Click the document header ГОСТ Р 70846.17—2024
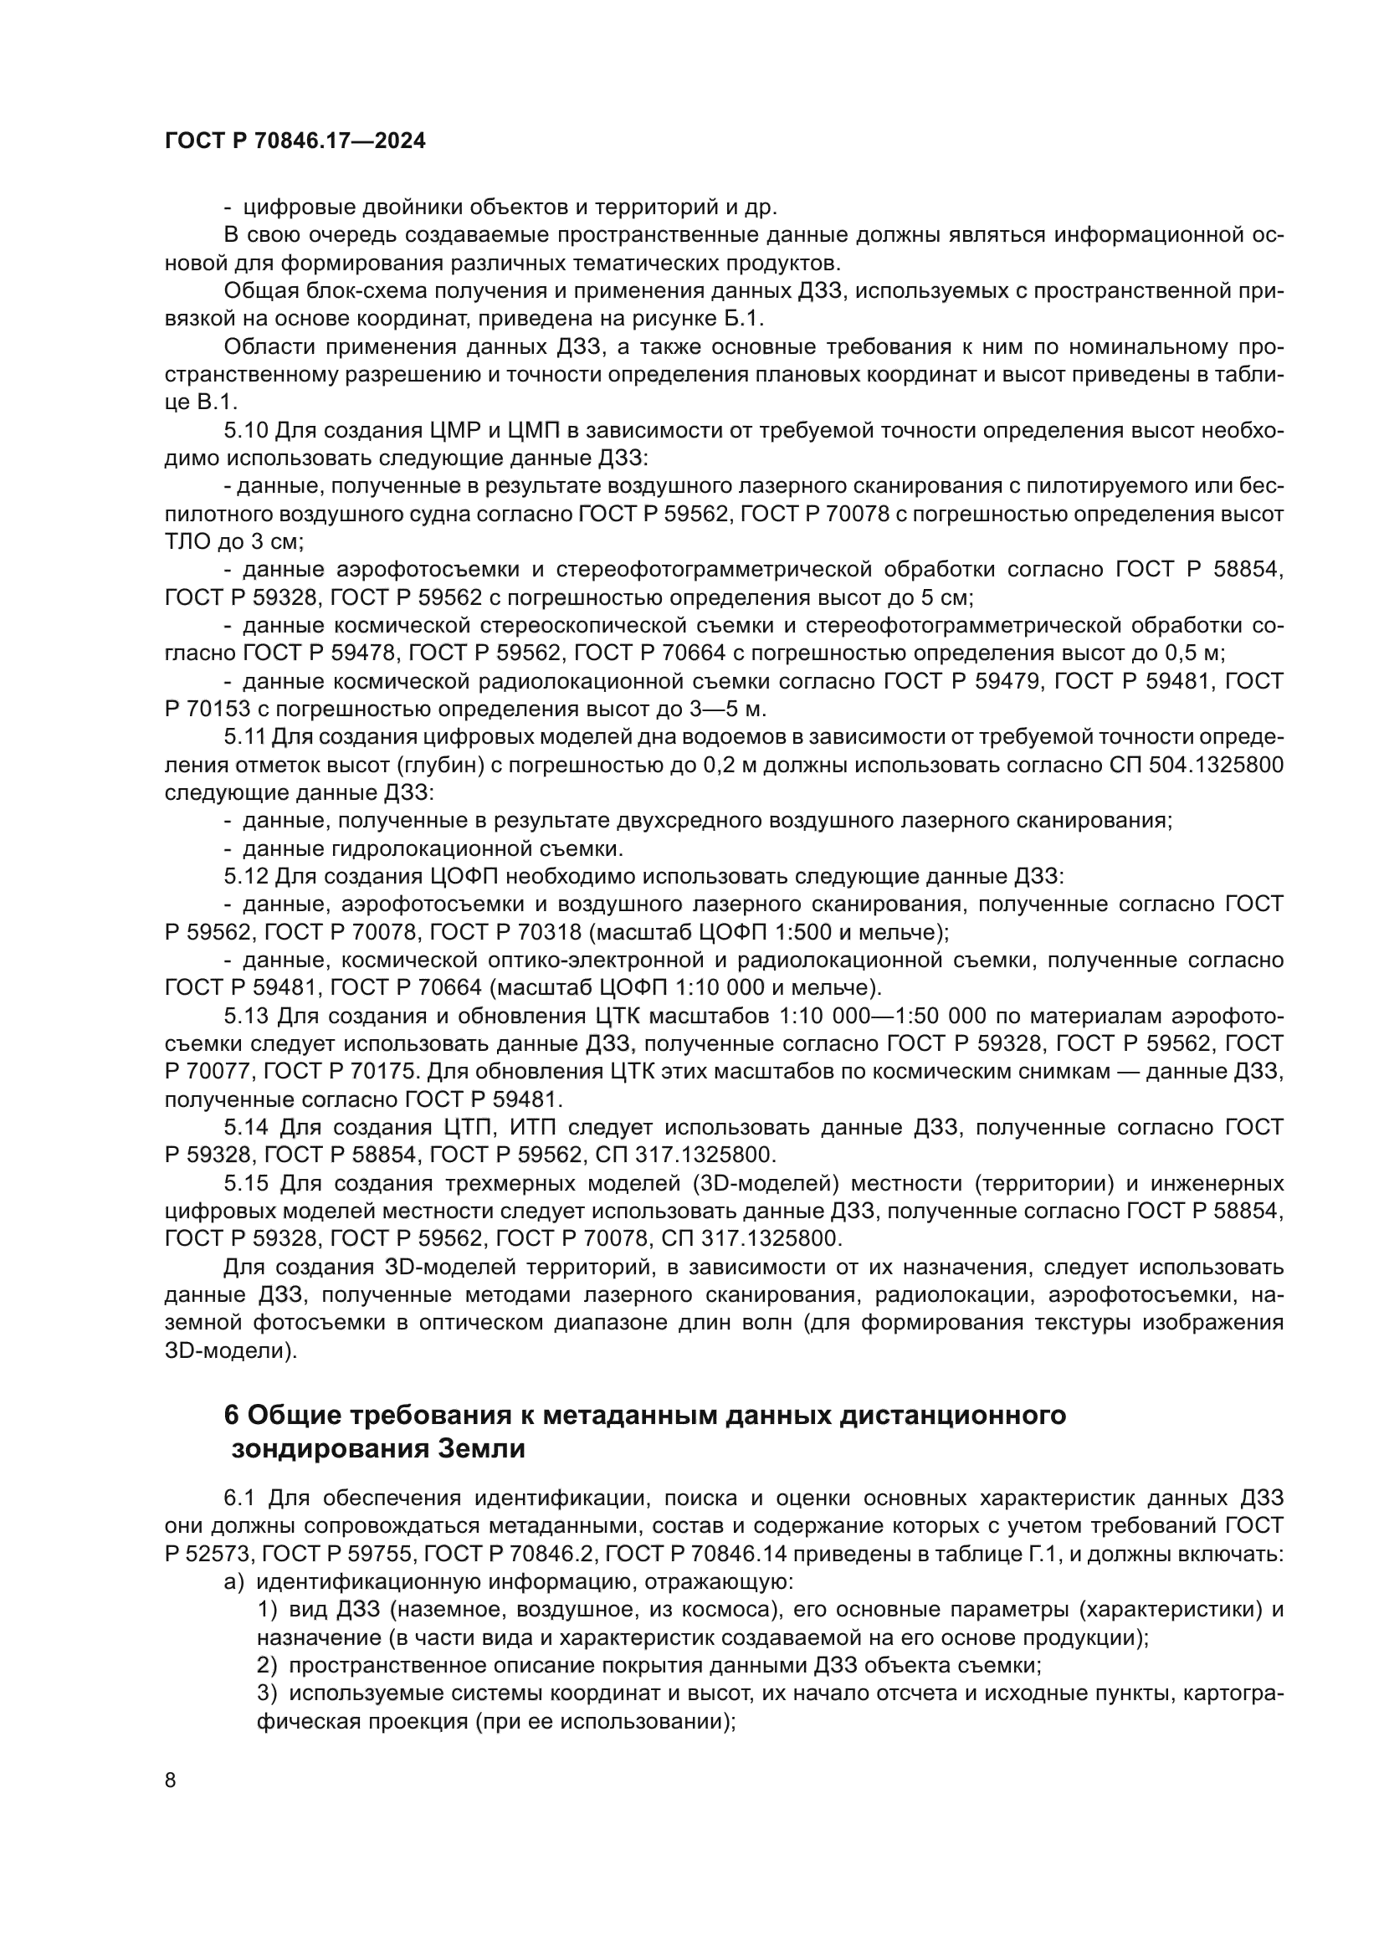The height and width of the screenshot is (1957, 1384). tap(295, 142)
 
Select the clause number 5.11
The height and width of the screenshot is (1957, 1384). tap(245, 737)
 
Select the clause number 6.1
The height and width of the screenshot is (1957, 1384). tap(239, 1498)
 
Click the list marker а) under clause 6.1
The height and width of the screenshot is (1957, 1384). tap(234, 1582)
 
